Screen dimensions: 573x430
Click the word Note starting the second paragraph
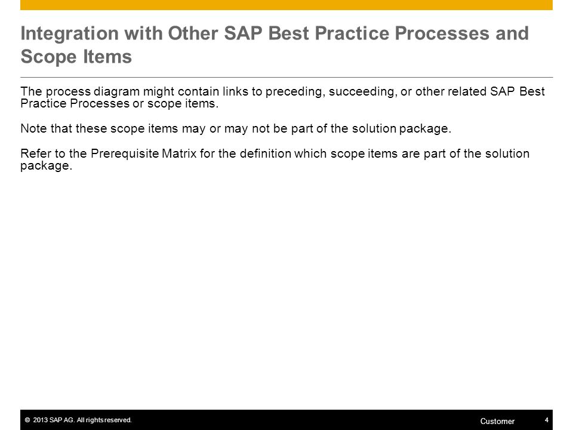pos(33,128)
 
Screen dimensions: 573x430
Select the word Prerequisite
pos(125,154)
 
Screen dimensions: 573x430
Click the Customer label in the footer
pos(497,421)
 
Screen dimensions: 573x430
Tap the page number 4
pos(547,420)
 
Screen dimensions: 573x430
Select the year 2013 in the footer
pos(40,420)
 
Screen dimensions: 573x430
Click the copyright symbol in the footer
pos(27,420)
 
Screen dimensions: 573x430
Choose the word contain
pos(199,91)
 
